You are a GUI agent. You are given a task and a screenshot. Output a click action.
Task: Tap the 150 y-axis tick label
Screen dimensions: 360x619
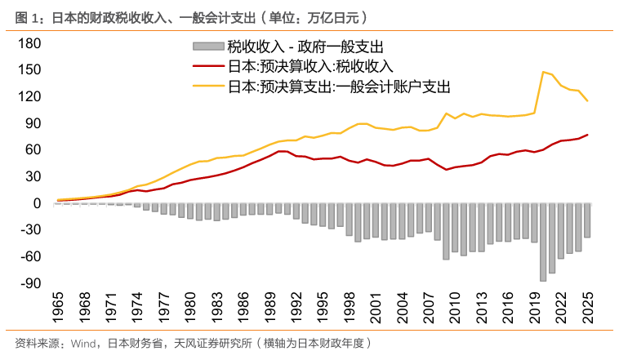pos(29,70)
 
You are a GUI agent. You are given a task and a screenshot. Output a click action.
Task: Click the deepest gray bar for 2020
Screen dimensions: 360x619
pos(542,242)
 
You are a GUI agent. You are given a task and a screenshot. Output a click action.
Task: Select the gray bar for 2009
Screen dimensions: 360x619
pos(446,231)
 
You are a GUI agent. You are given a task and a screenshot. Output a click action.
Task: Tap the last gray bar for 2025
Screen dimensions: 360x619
pos(587,220)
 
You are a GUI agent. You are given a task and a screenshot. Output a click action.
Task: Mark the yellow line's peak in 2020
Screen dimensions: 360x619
pos(543,72)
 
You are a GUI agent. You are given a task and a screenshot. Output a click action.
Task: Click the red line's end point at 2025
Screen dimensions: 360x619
pos(587,135)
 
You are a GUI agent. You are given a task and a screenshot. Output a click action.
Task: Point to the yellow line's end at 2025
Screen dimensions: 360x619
pos(587,100)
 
